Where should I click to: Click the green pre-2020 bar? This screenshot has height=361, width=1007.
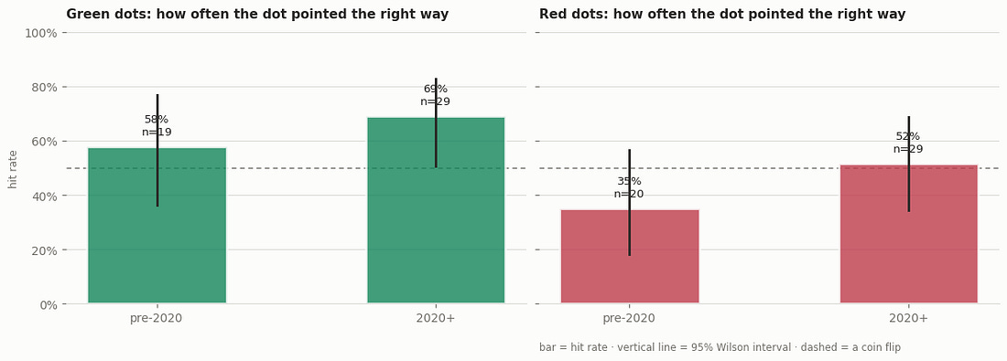point(157,225)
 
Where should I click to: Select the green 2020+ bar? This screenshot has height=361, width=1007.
point(436,209)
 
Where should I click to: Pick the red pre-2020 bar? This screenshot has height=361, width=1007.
point(630,256)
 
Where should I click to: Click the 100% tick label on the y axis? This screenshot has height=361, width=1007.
point(41,33)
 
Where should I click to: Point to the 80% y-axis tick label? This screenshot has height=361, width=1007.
point(44,87)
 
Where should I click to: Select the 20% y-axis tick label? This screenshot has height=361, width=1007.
point(44,250)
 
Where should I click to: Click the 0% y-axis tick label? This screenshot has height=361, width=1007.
point(48,304)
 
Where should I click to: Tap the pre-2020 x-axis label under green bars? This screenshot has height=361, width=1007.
point(156,319)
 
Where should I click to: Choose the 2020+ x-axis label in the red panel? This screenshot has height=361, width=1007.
point(909,319)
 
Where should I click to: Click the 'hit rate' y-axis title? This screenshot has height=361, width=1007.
point(13,169)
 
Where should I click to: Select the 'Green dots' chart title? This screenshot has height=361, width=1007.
point(257,14)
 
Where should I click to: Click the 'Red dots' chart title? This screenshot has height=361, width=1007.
point(722,14)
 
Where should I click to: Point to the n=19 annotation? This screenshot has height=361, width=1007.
point(157,133)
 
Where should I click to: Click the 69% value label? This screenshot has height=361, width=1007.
point(436,90)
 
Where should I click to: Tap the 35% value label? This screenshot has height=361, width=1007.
point(630,182)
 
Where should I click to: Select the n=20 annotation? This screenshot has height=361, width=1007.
point(629,195)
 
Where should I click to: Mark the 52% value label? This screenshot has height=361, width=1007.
point(908,136)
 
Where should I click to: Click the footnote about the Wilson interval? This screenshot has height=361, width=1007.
point(720,347)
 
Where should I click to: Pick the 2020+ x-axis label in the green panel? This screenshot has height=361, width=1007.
point(436,319)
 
